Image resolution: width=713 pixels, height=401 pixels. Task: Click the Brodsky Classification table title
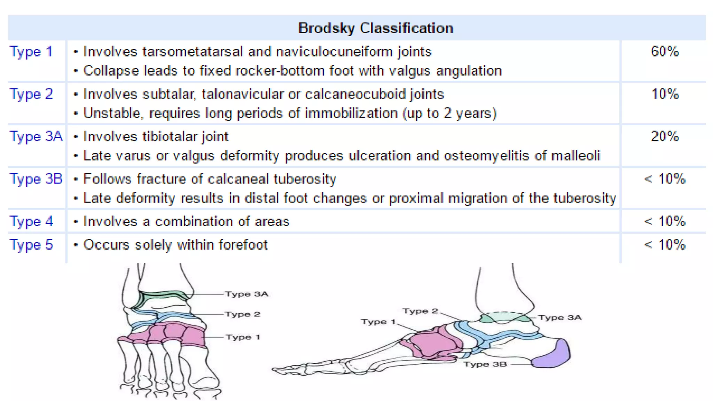[376, 28]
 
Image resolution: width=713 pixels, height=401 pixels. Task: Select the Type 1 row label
[31, 52]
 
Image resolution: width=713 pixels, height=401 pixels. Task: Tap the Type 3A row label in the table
[36, 136]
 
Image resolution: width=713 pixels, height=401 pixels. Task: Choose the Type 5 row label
[31, 245]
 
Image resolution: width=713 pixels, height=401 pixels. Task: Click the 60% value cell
[665, 52]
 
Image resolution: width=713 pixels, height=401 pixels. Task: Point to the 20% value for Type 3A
[665, 136]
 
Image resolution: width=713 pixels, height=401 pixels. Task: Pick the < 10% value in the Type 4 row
[665, 221]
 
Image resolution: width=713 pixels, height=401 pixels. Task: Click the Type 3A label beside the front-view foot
[246, 294]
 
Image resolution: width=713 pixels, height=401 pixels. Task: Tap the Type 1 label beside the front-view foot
[243, 337]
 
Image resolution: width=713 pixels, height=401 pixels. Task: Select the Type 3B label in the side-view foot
[485, 364]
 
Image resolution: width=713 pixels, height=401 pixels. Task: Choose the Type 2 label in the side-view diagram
[420, 311]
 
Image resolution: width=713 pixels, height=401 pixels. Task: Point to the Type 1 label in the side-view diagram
[378, 322]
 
